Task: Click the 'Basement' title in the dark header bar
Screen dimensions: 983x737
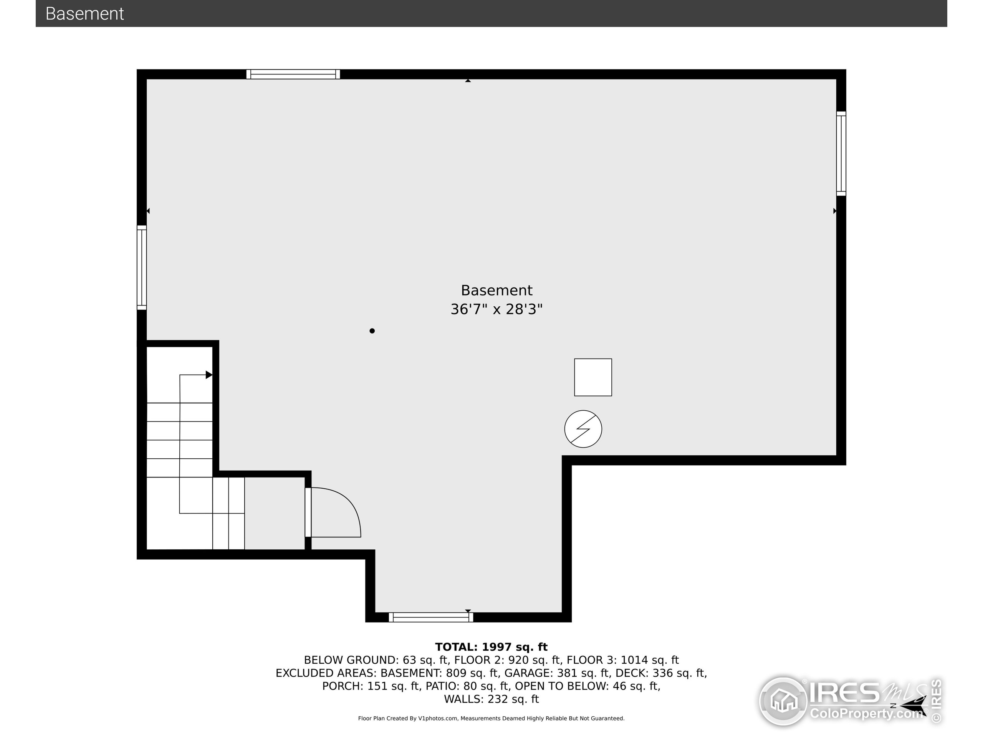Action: tap(84, 14)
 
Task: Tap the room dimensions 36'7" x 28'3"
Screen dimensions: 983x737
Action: tap(496, 309)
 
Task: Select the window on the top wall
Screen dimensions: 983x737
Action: tap(293, 74)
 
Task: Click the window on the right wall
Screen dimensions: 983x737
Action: tap(841, 153)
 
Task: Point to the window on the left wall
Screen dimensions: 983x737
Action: tap(141, 268)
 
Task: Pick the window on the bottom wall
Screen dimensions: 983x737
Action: tap(430, 617)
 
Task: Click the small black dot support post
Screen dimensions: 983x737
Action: tap(372, 330)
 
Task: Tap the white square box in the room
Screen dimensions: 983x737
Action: tap(593, 377)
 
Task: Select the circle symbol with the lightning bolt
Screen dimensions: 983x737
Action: tap(583, 429)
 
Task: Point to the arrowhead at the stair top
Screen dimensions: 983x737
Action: tap(209, 375)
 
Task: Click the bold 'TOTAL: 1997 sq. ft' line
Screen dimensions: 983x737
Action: tap(491, 647)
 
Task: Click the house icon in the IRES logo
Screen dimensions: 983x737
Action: tap(783, 701)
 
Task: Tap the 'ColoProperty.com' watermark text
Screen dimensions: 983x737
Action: tap(866, 714)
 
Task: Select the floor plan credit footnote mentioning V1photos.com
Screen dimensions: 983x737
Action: tap(491, 718)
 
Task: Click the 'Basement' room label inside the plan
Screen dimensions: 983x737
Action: tap(496, 291)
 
